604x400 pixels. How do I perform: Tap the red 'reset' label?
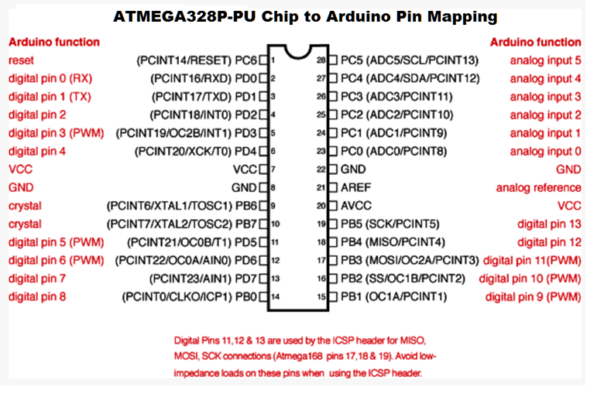[21, 60]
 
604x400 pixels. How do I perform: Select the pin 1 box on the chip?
[263, 60]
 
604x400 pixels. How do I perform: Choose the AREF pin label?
[356, 188]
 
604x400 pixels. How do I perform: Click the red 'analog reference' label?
[538, 188]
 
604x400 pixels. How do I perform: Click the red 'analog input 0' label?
[545, 152]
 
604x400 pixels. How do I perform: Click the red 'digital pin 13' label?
[549, 224]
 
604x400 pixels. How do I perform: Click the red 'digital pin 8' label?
[36, 296]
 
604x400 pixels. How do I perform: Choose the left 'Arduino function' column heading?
[54, 42]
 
